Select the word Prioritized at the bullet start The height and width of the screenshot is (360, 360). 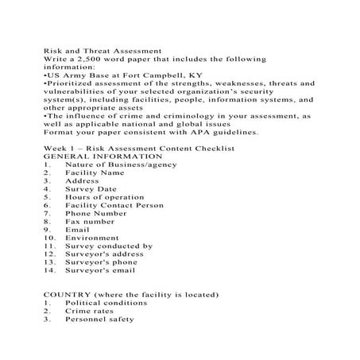pos(70,83)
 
